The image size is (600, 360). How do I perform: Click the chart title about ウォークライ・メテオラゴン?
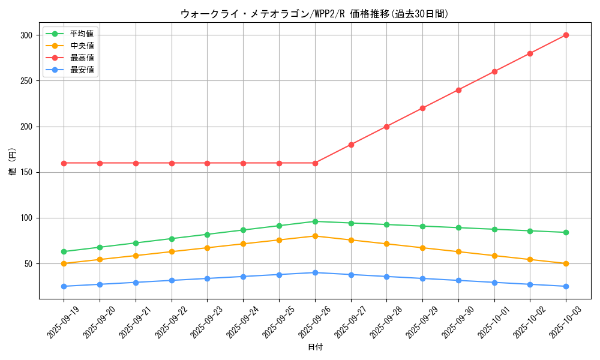(x=314, y=14)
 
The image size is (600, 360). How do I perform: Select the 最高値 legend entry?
(x=82, y=58)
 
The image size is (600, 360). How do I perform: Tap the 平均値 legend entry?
(x=82, y=34)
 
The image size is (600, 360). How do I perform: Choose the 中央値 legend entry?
(x=82, y=46)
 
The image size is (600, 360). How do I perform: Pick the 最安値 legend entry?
(x=82, y=70)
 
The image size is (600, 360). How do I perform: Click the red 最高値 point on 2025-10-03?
(x=566, y=35)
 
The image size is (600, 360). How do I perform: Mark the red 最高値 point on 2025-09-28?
(x=386, y=127)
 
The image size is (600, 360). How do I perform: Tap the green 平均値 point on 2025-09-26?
(x=315, y=221)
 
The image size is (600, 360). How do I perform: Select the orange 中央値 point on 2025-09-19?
(x=64, y=263)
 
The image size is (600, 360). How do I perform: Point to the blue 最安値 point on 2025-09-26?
(x=315, y=272)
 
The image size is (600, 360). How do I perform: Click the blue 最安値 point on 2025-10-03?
(x=566, y=286)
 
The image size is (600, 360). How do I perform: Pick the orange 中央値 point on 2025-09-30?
(x=458, y=251)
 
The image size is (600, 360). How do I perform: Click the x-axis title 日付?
(x=314, y=347)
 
